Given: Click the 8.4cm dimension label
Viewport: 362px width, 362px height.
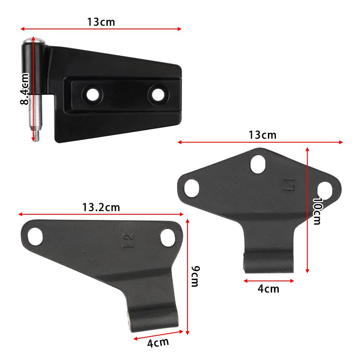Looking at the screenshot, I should tap(25, 89).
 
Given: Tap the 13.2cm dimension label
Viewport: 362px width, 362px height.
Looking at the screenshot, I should tap(101, 207).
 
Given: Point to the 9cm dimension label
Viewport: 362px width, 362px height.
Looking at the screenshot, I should tap(195, 276).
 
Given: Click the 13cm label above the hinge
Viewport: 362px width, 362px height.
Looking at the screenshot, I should tap(101, 22).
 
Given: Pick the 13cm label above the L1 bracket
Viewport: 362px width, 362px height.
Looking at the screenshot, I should tap(262, 135).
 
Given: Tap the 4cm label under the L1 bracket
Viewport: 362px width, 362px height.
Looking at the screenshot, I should tap(268, 289).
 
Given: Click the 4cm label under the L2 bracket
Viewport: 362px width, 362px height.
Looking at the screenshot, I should tap(158, 342).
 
